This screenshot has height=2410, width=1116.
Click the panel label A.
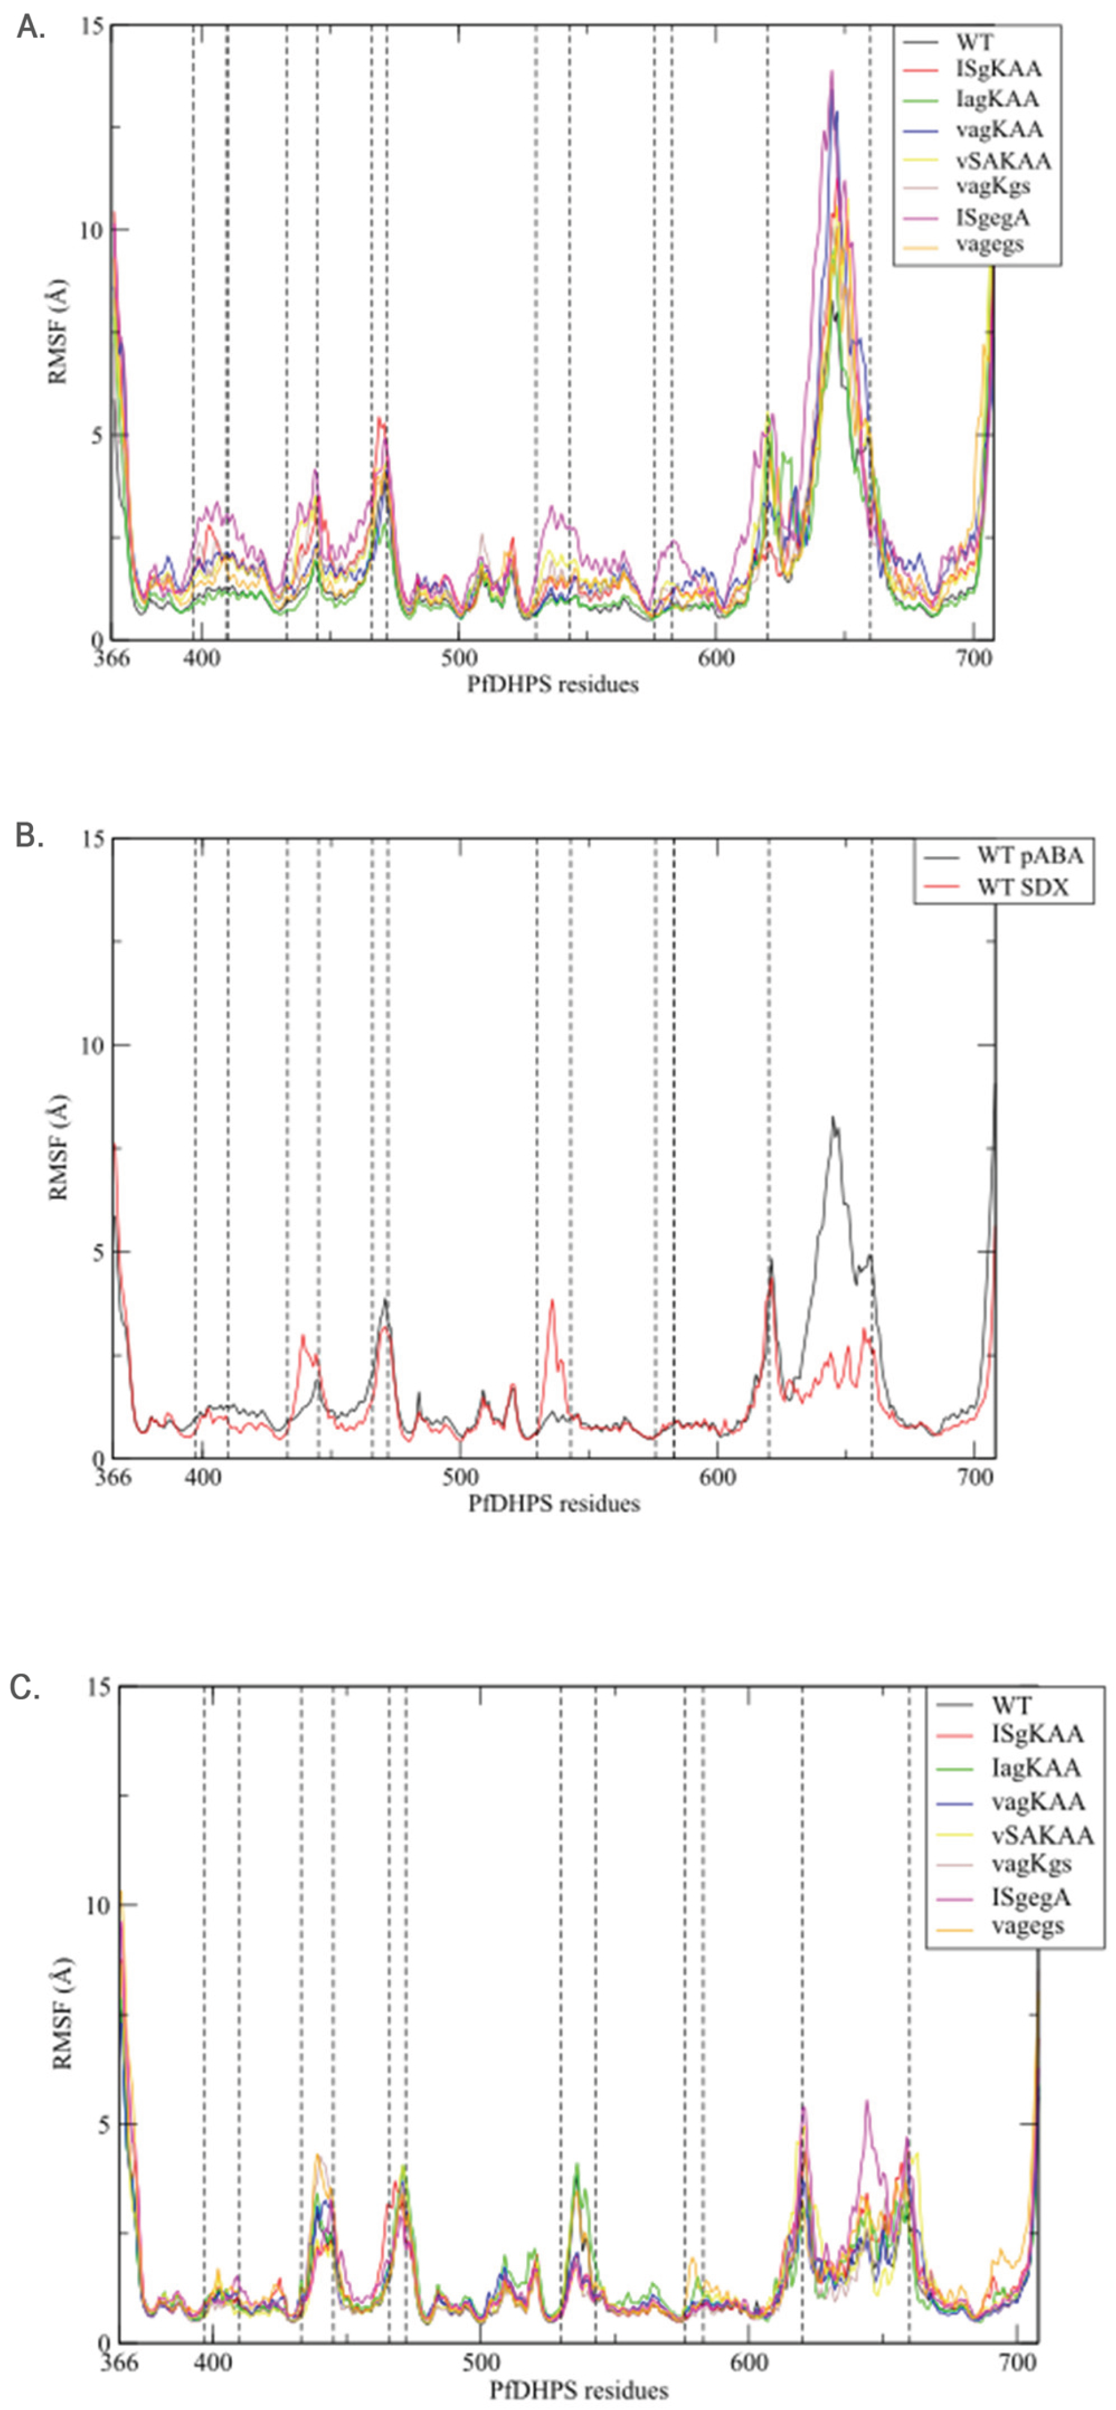click(30, 28)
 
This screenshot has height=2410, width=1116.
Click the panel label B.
click(30, 835)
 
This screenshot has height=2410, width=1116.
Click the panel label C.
click(25, 1688)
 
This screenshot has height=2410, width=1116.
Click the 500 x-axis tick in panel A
click(458, 658)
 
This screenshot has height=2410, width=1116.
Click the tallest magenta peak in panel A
click(830, 73)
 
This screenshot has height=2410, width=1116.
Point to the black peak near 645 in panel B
click(833, 1118)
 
